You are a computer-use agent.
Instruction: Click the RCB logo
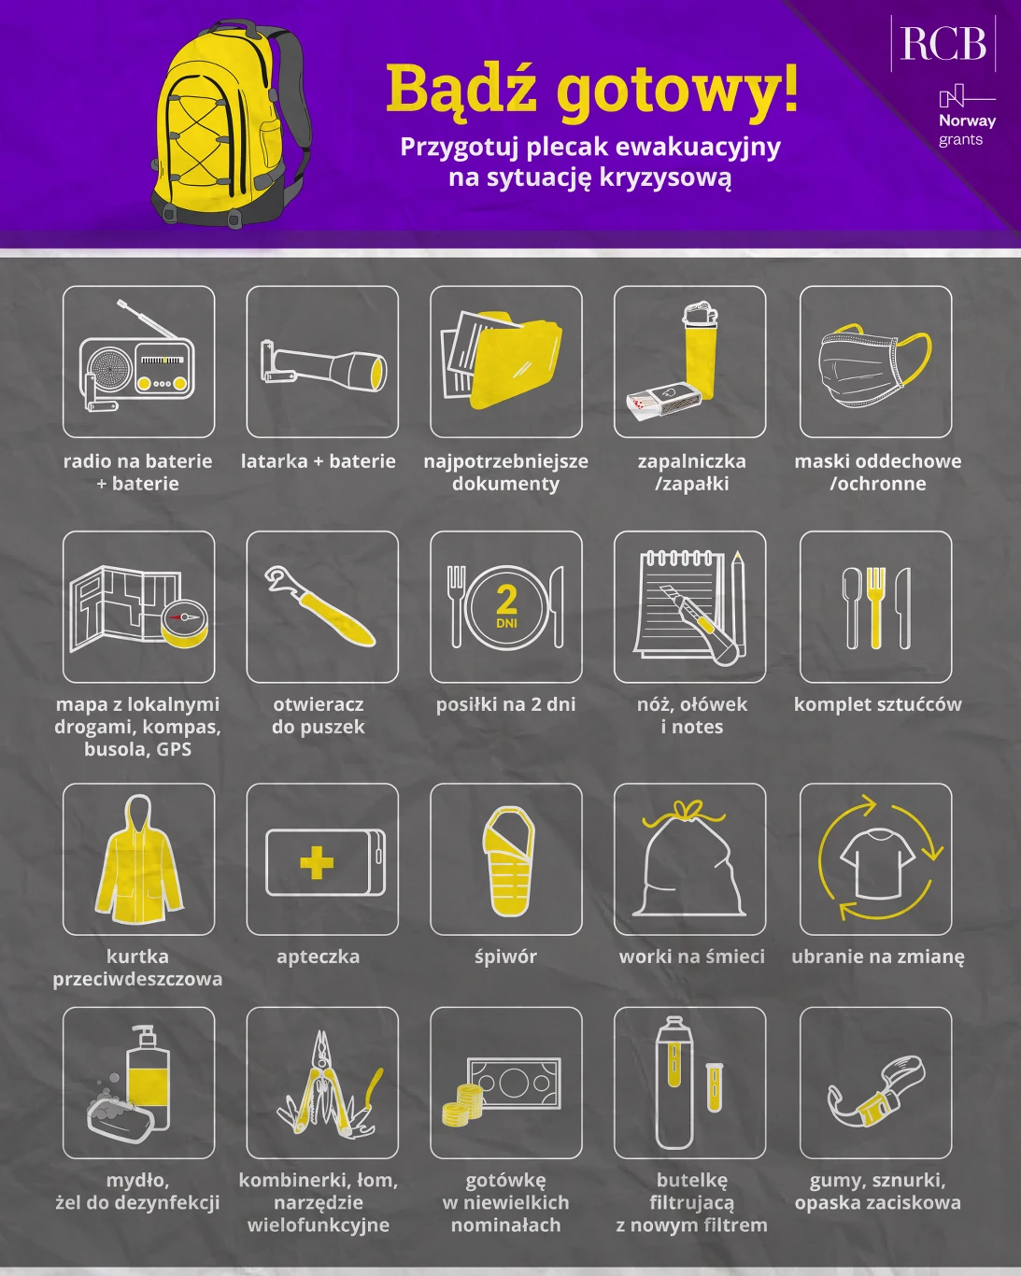click(x=943, y=43)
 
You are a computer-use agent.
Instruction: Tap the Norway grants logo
click(x=966, y=117)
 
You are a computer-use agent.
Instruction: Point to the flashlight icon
click(x=323, y=370)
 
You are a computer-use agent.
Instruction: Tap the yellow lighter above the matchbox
click(x=700, y=351)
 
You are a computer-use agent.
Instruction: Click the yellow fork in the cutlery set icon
click(x=875, y=607)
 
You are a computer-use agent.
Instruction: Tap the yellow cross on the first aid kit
click(x=317, y=862)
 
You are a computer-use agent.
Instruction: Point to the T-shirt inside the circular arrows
click(x=875, y=862)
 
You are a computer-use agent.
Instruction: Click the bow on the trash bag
click(x=688, y=810)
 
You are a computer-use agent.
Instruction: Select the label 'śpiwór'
click(x=505, y=957)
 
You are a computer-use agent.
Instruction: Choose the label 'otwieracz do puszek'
click(x=319, y=716)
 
